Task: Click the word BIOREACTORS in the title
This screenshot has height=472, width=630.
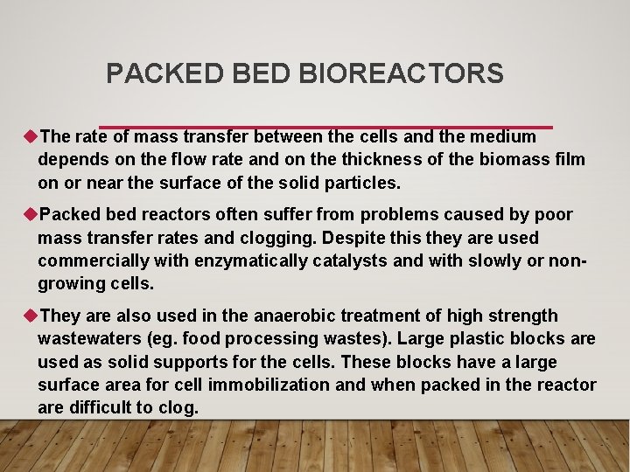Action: (x=401, y=73)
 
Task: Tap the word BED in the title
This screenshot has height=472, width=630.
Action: (x=264, y=73)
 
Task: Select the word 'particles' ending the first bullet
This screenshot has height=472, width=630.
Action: (x=361, y=184)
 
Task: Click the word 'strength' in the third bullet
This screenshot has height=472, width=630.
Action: (x=522, y=316)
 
